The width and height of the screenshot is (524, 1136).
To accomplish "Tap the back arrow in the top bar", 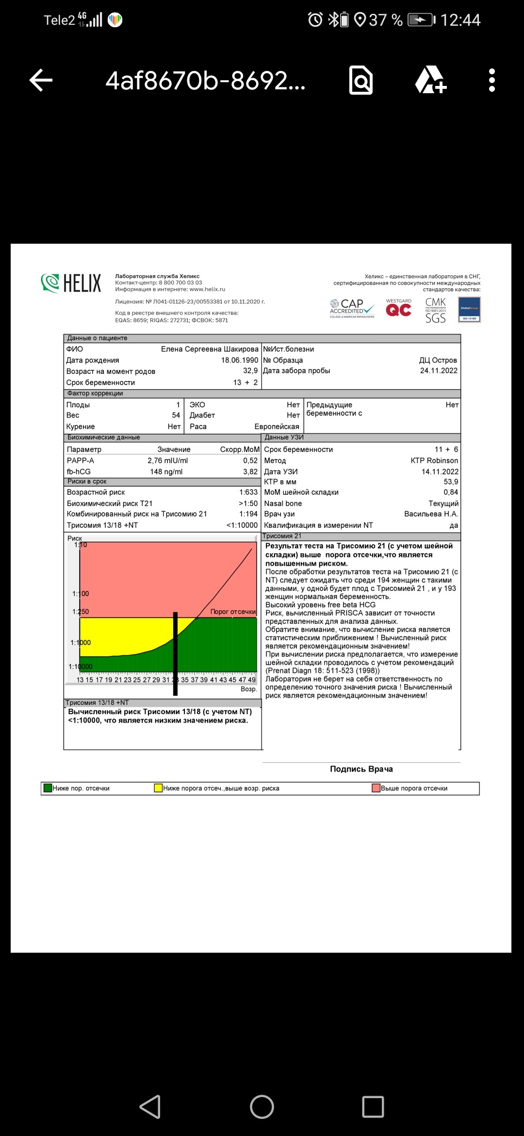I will (x=41, y=80).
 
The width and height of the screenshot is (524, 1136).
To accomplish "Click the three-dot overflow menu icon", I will (x=491, y=80).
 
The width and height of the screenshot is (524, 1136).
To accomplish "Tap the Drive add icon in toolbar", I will (x=430, y=80).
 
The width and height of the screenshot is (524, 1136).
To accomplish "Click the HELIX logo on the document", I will (x=71, y=283).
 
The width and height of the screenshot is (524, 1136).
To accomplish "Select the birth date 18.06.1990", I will (x=240, y=360).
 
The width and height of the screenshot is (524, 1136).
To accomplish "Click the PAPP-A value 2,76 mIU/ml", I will (x=167, y=461).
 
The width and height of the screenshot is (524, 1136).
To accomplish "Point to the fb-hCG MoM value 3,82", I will (x=250, y=472).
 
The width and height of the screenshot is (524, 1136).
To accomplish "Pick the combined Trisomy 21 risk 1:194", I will (x=248, y=514).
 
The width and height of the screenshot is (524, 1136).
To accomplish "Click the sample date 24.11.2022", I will (x=439, y=371).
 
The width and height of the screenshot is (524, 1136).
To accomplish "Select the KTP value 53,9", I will (x=451, y=482).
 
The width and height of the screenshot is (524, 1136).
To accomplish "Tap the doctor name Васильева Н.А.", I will (x=431, y=514).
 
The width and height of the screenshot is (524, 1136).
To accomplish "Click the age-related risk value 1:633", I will (x=248, y=492).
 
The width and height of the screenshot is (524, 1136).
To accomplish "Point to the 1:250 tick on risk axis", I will (x=81, y=612).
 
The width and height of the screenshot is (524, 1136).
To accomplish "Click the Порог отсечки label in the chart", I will (x=233, y=612).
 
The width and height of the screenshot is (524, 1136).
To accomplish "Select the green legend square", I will (x=48, y=788).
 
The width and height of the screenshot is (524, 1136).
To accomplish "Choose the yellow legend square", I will (x=158, y=788).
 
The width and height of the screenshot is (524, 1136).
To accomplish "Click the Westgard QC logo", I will (x=398, y=308).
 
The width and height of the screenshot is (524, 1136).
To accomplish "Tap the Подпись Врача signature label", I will (x=361, y=769).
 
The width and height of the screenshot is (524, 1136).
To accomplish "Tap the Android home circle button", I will (x=262, y=1107).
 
